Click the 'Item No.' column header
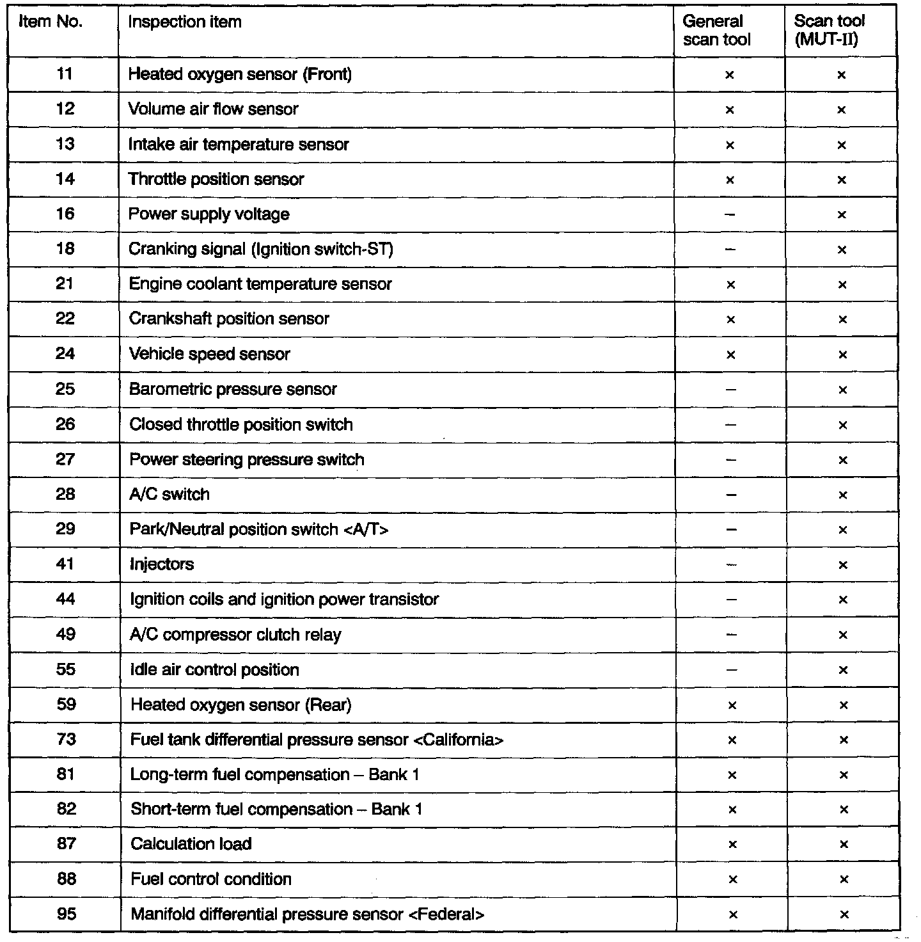[51, 22]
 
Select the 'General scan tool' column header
[716, 30]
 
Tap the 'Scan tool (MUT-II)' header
[829, 30]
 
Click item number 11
[65, 74]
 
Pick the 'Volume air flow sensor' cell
[213, 109]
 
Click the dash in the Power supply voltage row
[730, 214]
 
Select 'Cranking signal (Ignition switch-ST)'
[261, 249]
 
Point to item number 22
[65, 319]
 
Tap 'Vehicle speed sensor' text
[209, 354]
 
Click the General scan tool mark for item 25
[731, 389]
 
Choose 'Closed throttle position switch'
[240, 424]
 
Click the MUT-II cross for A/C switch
[843, 495]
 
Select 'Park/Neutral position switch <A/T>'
[258, 529]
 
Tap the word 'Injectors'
[161, 564]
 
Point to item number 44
[65, 599]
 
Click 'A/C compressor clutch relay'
[235, 635]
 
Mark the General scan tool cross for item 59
[732, 705]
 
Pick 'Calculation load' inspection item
[191, 844]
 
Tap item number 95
[67, 914]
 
